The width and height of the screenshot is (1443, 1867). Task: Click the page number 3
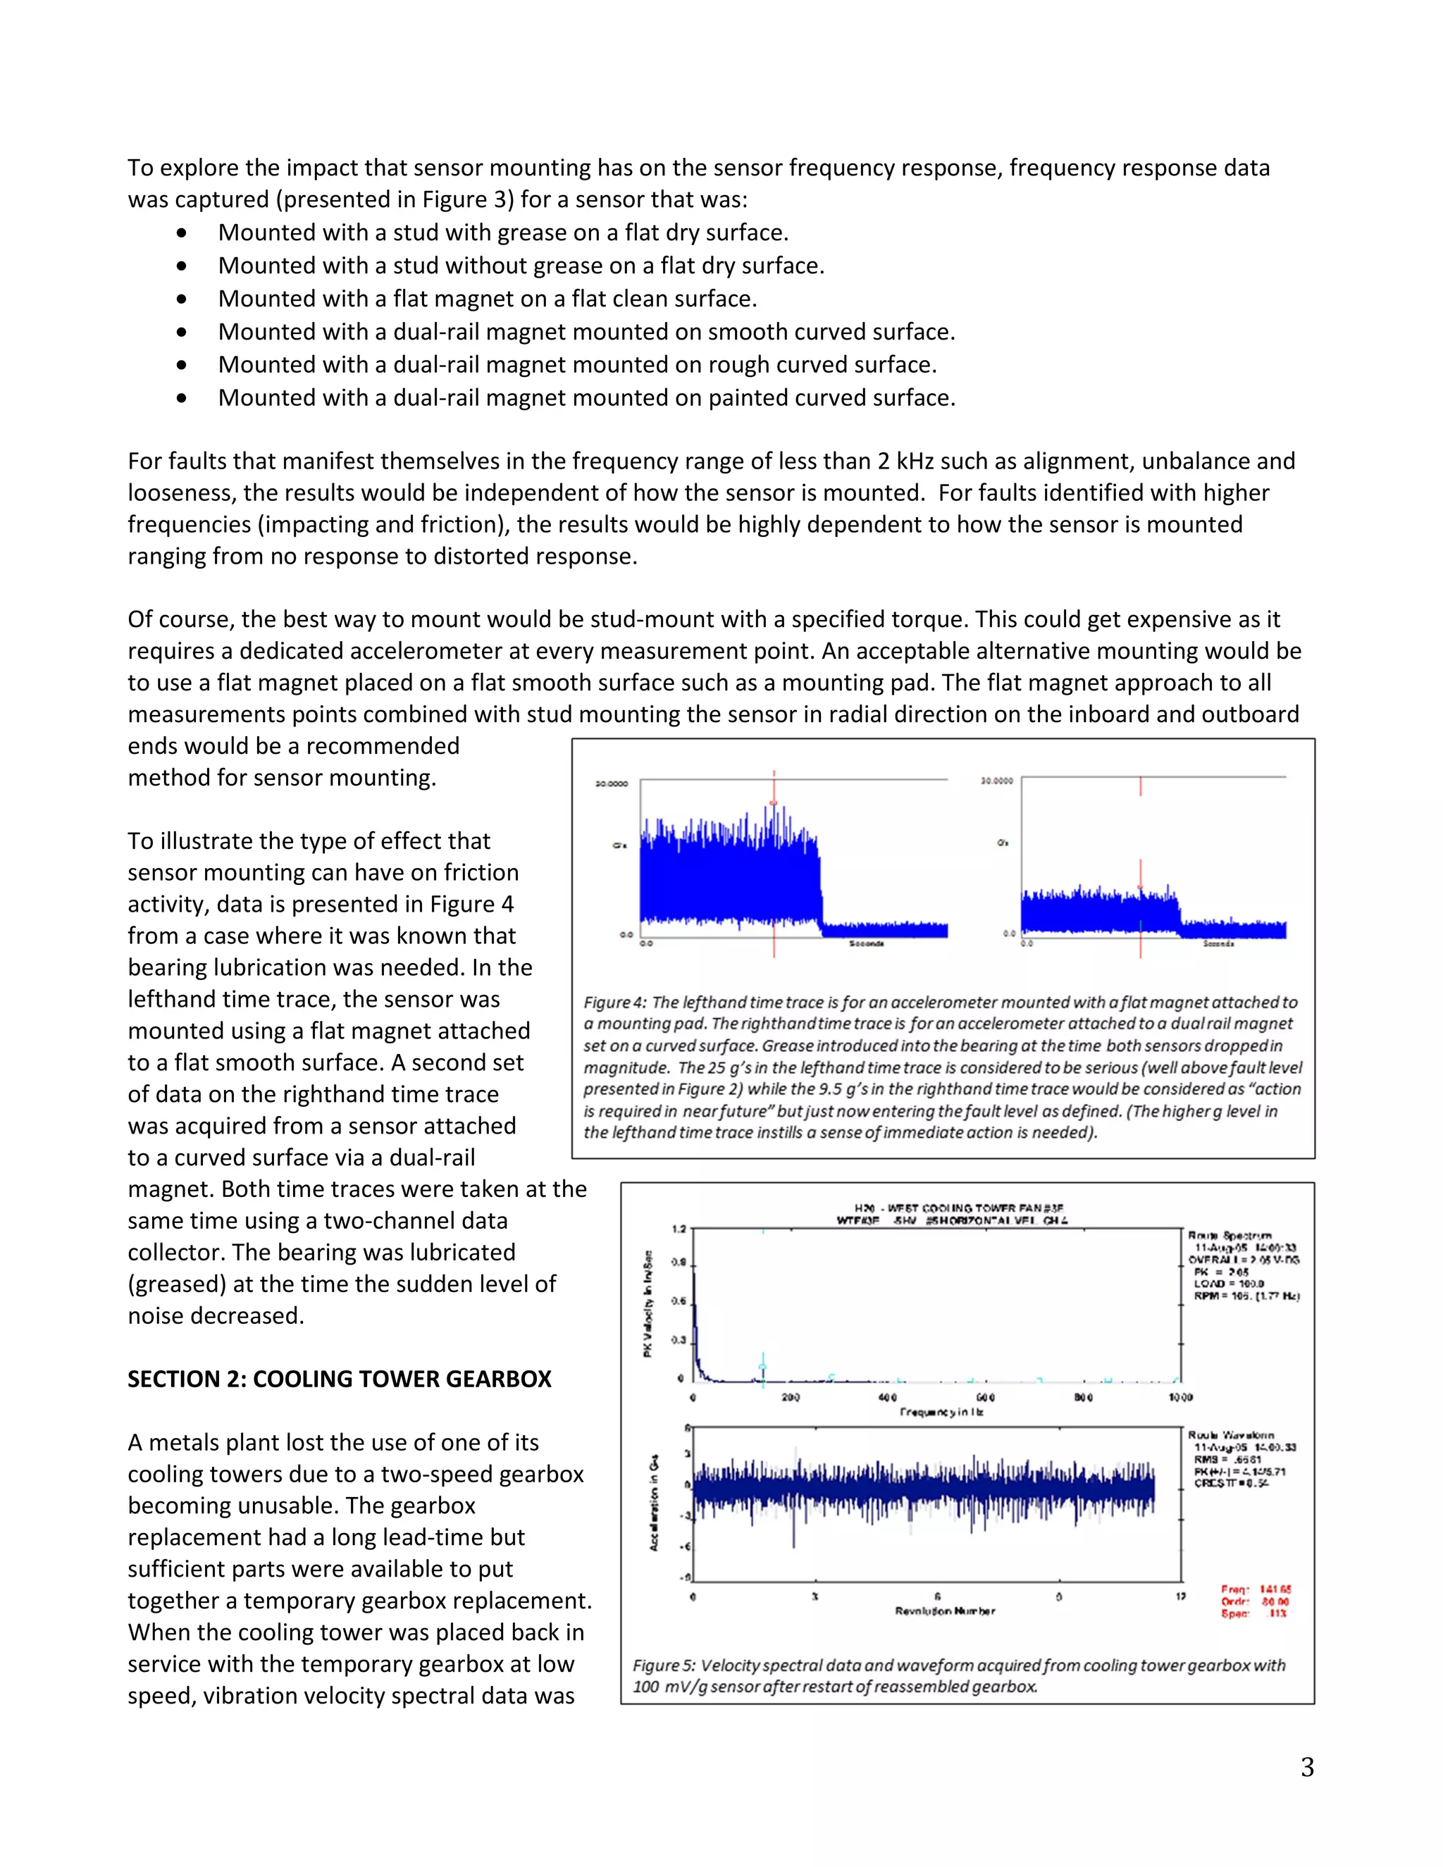[1306, 1767]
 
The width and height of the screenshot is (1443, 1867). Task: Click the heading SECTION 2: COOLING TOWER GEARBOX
[340, 1379]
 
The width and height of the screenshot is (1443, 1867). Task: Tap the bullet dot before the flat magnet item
[181, 299]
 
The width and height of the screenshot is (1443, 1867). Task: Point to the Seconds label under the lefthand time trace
[866, 944]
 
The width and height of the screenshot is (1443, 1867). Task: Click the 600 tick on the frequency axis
[985, 1398]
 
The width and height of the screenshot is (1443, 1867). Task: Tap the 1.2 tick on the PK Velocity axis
[679, 1229]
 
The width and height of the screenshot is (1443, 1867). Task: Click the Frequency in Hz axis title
[941, 1412]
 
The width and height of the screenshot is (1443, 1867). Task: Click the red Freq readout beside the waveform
[1255, 1590]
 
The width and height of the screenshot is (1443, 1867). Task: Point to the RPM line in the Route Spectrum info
[1246, 1296]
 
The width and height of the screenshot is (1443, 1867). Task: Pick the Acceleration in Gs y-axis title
[654, 1503]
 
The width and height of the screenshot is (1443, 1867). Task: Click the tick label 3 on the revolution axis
[815, 1597]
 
